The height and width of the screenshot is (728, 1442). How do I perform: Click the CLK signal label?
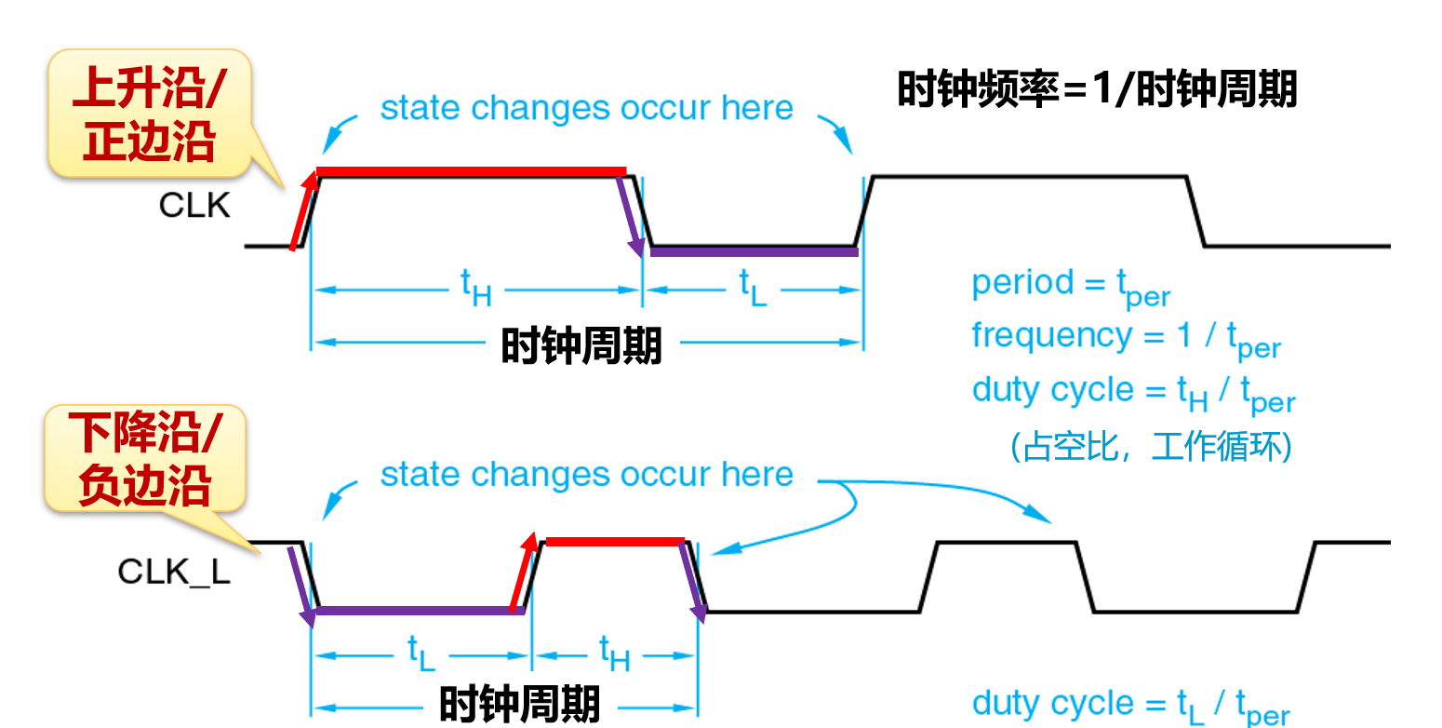[x=194, y=205]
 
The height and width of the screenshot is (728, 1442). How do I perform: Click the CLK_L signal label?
[x=173, y=571]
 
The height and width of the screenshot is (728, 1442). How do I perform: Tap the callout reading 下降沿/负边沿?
[x=145, y=460]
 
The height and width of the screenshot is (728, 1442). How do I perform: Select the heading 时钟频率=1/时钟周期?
[x=1097, y=91]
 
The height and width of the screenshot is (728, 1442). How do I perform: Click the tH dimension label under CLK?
[x=475, y=288]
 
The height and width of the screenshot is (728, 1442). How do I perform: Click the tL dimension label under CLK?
[x=753, y=288]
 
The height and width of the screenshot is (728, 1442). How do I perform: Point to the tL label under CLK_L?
[x=421, y=653]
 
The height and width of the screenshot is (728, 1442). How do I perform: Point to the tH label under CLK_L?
[x=614, y=653]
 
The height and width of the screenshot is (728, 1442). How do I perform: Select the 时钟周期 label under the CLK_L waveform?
[x=519, y=705]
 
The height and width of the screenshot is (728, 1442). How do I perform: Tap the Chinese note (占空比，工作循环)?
[x=1150, y=447]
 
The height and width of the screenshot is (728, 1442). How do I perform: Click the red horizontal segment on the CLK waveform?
[x=471, y=171]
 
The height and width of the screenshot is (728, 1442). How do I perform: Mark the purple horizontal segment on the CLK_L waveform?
[x=414, y=611]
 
